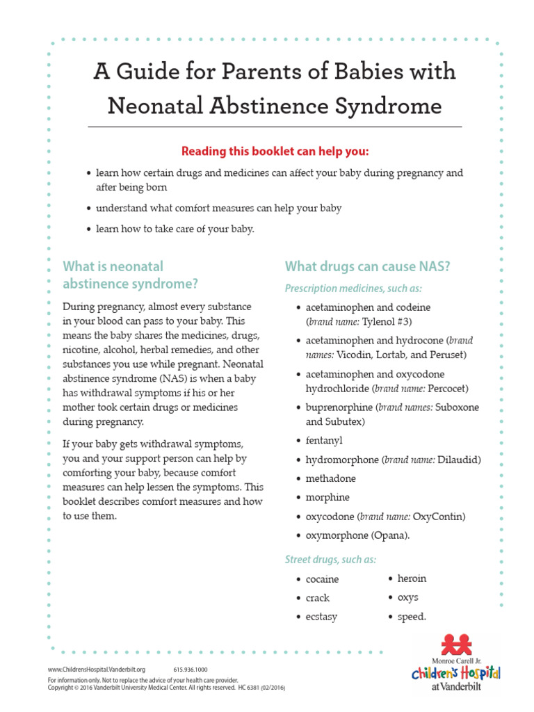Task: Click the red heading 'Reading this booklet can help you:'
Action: tap(275, 152)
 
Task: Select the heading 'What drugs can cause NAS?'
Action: tap(367, 267)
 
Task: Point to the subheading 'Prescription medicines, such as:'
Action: tap(353, 288)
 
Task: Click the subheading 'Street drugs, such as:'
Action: tap(330, 559)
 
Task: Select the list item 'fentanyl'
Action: tap(324, 441)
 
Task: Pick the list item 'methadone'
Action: tap(330, 478)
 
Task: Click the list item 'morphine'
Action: tap(327, 497)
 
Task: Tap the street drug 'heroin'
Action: tap(412, 578)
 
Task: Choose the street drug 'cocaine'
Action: tap(322, 579)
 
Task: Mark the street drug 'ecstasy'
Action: tap(321, 617)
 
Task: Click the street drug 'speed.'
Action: tap(412, 617)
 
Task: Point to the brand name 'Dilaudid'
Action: tap(459, 460)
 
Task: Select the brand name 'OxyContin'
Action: tap(438, 517)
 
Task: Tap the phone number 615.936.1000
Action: tap(186, 670)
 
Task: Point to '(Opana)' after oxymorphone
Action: tap(390, 535)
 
